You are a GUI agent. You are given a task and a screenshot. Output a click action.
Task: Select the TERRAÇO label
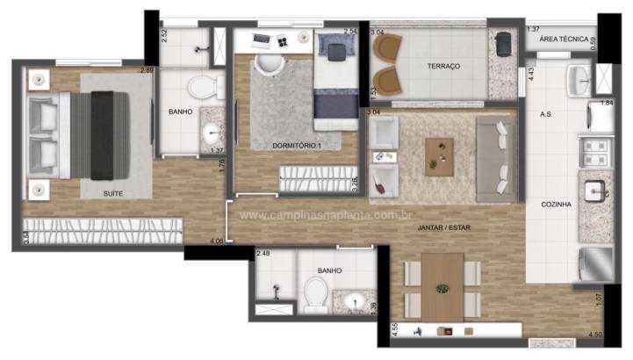[x=443, y=67]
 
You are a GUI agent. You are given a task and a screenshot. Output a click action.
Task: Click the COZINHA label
[x=557, y=205]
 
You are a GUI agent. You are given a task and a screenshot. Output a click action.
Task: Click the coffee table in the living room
[x=440, y=156]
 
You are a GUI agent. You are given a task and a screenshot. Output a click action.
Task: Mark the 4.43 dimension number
[x=532, y=75]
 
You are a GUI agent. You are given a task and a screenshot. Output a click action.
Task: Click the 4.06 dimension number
[x=216, y=241]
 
